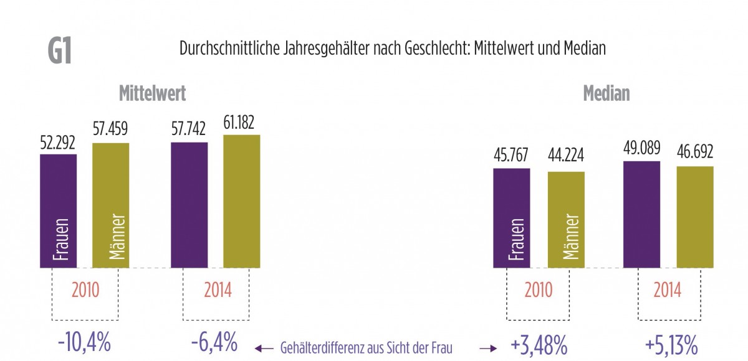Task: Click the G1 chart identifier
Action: [60, 52]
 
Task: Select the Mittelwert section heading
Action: [153, 93]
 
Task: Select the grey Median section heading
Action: [606, 93]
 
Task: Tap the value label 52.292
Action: [57, 143]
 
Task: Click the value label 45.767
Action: [511, 156]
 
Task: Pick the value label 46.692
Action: [695, 152]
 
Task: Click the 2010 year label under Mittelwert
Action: [85, 290]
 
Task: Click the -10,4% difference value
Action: [84, 343]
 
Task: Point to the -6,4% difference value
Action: [213, 343]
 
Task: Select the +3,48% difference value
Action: [537, 344]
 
